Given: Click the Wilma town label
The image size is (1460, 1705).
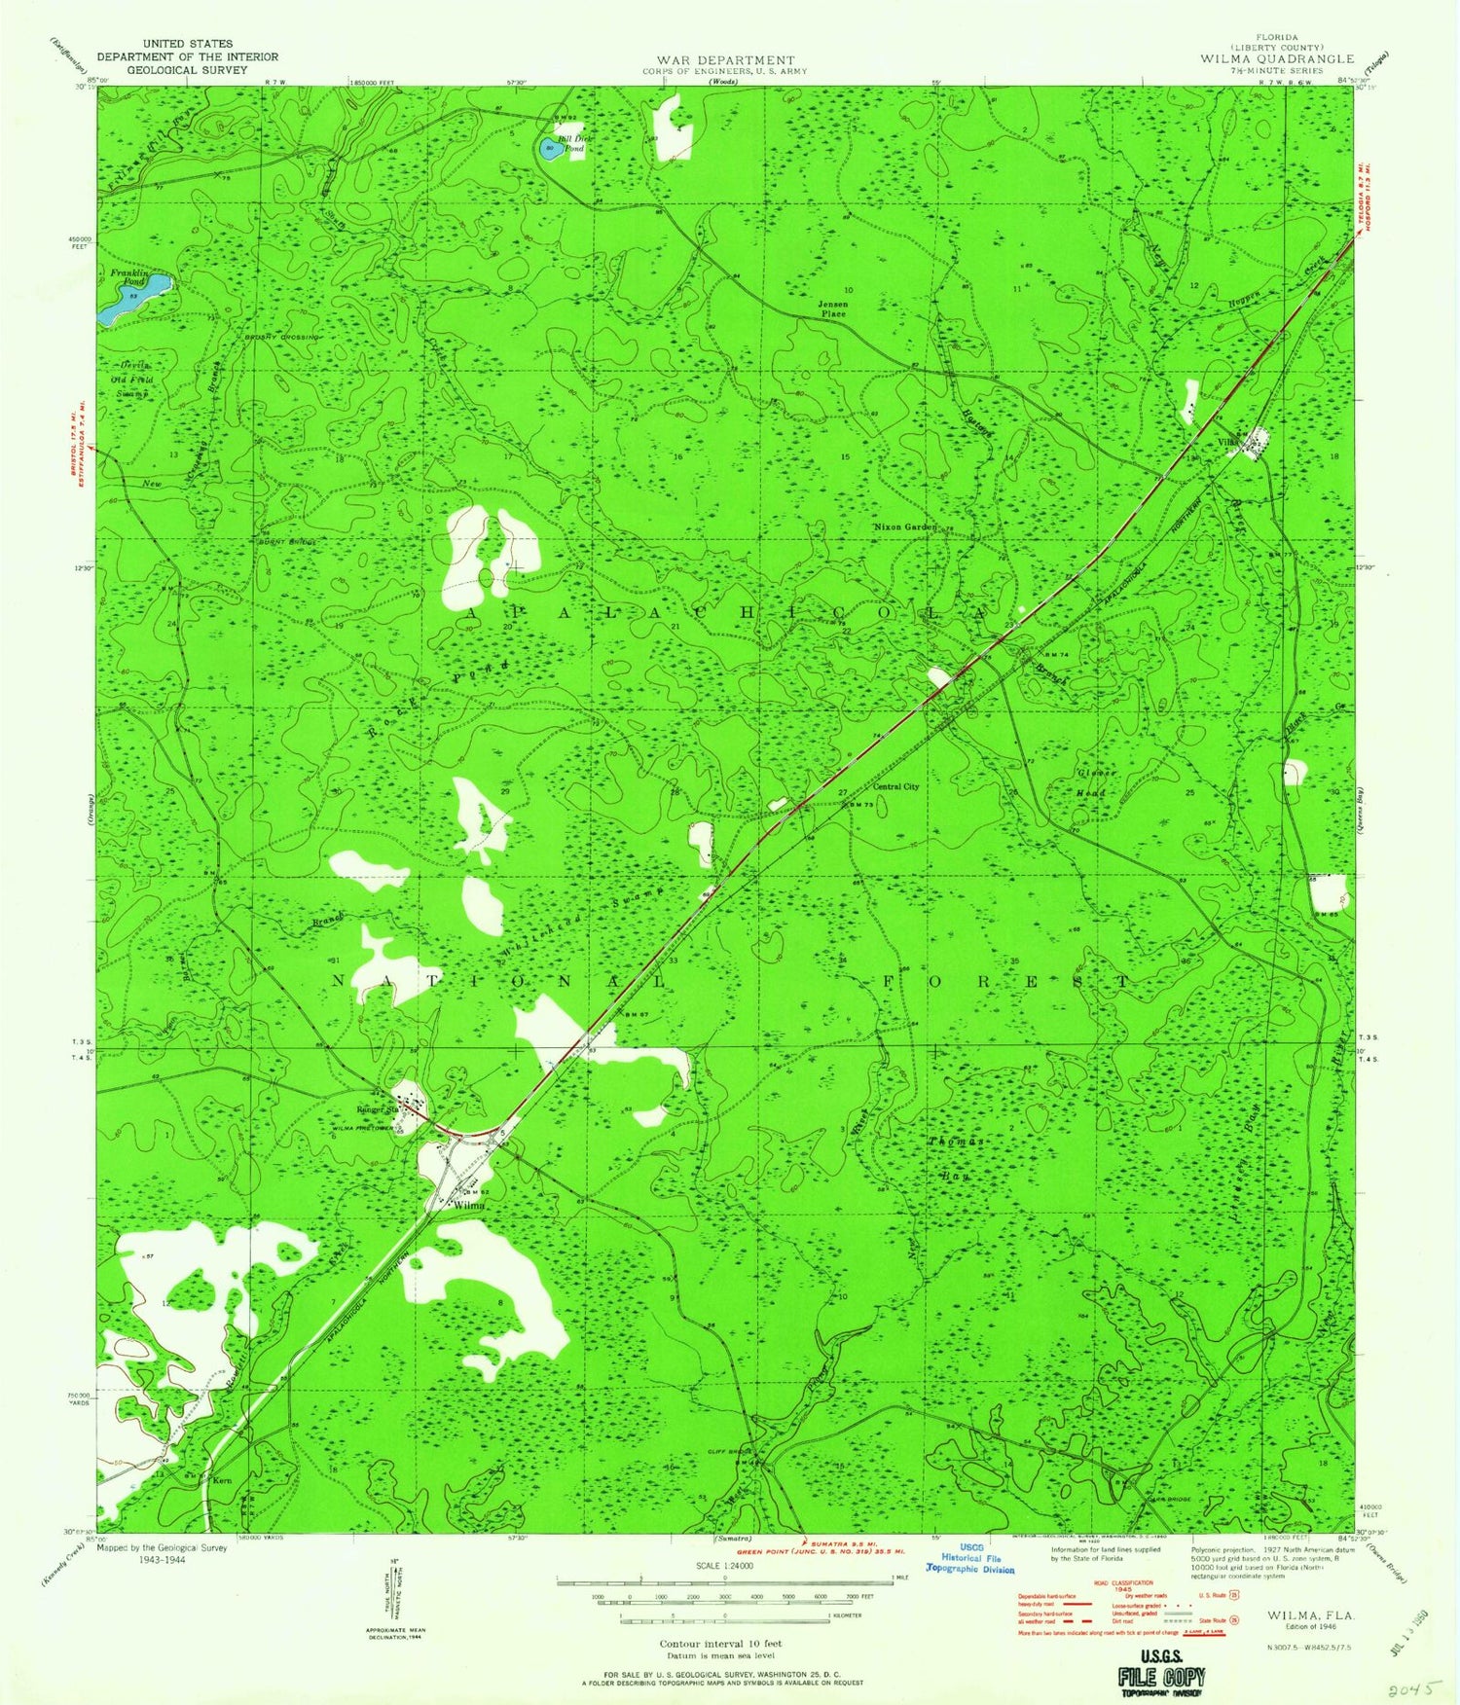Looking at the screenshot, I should pyautogui.click(x=468, y=1205).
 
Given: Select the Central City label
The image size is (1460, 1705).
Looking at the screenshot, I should pyautogui.click(x=895, y=786).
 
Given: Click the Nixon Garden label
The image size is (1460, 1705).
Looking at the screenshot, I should pyautogui.click(x=904, y=526).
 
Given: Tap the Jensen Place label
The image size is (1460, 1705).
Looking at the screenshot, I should pyautogui.click(x=833, y=309).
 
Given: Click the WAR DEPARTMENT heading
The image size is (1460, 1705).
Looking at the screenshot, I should pyautogui.click(x=725, y=60).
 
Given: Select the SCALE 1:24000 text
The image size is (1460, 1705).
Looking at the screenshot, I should pyautogui.click(x=724, y=1566).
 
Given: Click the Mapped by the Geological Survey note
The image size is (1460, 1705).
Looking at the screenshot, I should pyautogui.click(x=163, y=1554).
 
